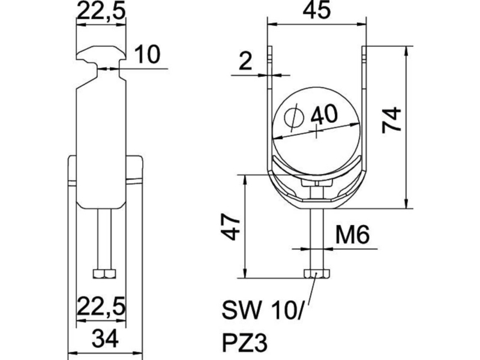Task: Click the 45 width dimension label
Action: coord(317,9)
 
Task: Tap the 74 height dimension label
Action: coord(392,120)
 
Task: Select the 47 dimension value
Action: coord(230,227)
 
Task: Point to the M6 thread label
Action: coord(352,235)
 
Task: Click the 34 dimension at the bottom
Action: coord(105,337)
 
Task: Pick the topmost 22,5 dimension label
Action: coord(101,11)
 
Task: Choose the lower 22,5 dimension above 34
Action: coord(101,306)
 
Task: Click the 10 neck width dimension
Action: coord(147,55)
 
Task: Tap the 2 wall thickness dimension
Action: coord(245,61)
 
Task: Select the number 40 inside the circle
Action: coord(325,115)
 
